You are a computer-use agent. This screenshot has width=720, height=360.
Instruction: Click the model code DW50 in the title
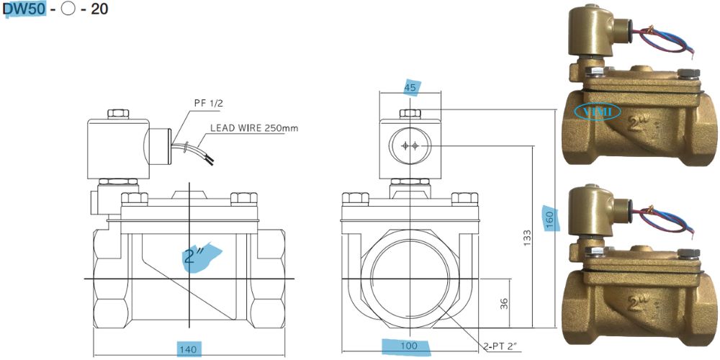pyautogui.click(x=24, y=12)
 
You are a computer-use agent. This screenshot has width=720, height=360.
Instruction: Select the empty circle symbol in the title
pyautogui.click(x=68, y=12)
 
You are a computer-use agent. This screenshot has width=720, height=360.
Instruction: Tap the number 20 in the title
pyautogui.click(x=99, y=12)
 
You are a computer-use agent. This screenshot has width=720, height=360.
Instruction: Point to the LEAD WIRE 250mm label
pyautogui.click(x=253, y=129)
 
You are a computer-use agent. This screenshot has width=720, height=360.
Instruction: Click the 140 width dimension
pyautogui.click(x=188, y=348)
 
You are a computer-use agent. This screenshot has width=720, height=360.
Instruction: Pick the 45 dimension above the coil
pyautogui.click(x=410, y=88)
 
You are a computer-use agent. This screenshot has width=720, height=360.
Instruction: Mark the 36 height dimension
pyautogui.click(x=503, y=304)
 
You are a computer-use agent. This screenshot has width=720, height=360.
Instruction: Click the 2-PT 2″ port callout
pyautogui.click(x=503, y=347)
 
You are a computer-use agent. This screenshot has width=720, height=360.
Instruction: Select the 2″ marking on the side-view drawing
pyautogui.click(x=194, y=256)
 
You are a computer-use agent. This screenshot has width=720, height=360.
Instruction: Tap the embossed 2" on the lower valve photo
pyautogui.click(x=636, y=300)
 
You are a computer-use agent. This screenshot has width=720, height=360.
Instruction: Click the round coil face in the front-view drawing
pyautogui.click(x=410, y=146)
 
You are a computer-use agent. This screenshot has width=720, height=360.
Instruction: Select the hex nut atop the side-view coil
pyautogui.click(x=117, y=114)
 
